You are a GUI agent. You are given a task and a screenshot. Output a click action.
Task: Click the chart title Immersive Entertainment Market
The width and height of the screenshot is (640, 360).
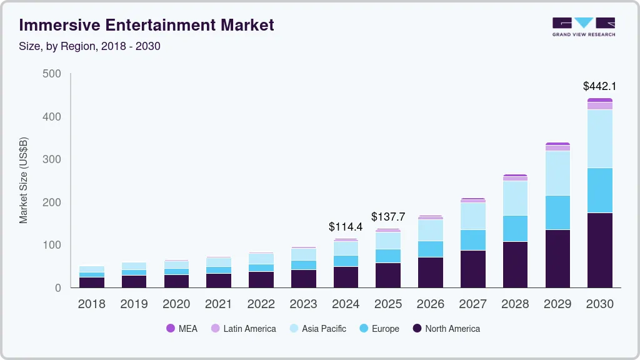point(146,26)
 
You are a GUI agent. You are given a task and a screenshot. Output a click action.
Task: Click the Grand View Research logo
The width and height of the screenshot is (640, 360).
point(583,27)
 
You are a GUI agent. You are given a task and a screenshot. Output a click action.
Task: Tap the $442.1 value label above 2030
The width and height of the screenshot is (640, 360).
point(599,86)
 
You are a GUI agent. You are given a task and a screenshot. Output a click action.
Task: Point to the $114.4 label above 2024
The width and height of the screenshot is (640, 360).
point(346,227)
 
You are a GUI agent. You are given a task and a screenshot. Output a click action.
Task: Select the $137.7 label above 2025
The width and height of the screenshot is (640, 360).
point(388,217)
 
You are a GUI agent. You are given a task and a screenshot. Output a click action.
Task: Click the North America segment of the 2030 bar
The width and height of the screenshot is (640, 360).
point(600,250)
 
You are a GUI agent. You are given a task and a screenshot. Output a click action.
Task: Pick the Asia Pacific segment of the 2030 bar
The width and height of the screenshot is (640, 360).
point(600,139)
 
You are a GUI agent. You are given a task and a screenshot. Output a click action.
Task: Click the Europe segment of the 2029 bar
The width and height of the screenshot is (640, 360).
point(557,212)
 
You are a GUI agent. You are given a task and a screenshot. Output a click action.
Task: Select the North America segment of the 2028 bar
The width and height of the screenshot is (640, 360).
point(515,264)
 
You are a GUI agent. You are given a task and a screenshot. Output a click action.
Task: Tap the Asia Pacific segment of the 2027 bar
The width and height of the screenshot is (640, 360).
point(472,216)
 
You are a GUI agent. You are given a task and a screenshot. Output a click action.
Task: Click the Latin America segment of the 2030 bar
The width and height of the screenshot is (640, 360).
point(600,106)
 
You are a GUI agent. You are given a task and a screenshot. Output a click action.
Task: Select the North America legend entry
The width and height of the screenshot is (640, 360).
point(446,329)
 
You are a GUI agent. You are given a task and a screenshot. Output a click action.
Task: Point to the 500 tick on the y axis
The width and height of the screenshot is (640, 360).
point(52,74)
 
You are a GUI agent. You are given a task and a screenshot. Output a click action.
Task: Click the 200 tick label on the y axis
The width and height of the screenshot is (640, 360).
point(52,202)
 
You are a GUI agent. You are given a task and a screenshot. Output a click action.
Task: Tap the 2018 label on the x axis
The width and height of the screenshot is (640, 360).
point(91,304)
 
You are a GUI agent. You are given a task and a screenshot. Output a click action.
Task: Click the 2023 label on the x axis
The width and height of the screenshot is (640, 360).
point(303,304)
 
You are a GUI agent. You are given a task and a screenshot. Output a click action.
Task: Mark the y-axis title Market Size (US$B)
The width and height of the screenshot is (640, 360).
point(24,181)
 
